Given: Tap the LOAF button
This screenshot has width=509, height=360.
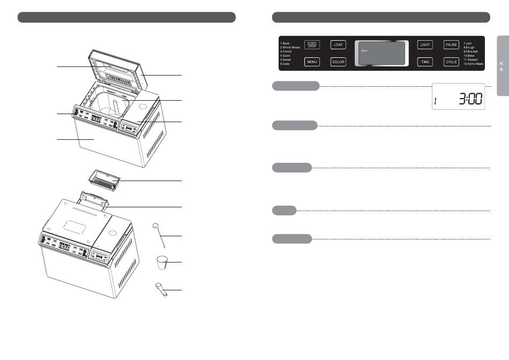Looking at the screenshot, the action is click(338, 45).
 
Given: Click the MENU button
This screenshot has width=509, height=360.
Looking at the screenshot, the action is click(312, 62).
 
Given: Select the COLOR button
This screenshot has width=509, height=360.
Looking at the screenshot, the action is click(338, 62).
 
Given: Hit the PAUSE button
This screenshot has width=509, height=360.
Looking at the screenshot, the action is click(451, 45).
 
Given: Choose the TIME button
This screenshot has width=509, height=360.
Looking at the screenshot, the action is click(425, 62).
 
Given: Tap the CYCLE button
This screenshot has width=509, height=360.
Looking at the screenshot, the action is click(451, 62).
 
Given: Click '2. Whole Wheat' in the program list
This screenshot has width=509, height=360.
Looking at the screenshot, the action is click(293, 47).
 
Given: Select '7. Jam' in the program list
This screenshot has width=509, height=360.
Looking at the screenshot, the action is click(468, 43).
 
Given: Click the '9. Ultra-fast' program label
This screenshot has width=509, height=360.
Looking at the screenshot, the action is click(472, 51).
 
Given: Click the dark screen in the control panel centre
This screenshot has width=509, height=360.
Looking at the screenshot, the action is click(381, 54).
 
